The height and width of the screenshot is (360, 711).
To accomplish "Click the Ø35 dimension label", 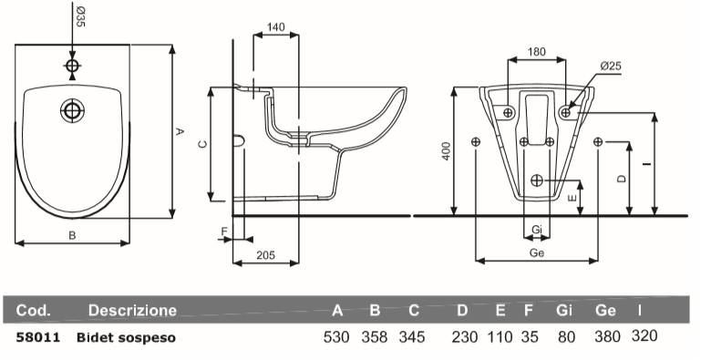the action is [x=80, y=16].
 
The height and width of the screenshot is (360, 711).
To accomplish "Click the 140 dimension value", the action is [x=275, y=27].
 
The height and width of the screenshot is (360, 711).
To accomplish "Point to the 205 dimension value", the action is [x=266, y=255].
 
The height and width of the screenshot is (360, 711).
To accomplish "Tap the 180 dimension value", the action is [x=536, y=52].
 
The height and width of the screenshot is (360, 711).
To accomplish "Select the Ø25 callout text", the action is [x=611, y=67].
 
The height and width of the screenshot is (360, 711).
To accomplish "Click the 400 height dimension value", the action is [x=447, y=151].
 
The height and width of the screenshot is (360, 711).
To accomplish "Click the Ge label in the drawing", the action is [x=537, y=253].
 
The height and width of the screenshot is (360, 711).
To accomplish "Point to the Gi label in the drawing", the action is [x=537, y=230].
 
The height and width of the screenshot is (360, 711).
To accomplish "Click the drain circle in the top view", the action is [x=72, y=110].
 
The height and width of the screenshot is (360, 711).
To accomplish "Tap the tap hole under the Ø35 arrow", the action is [x=72, y=66].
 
